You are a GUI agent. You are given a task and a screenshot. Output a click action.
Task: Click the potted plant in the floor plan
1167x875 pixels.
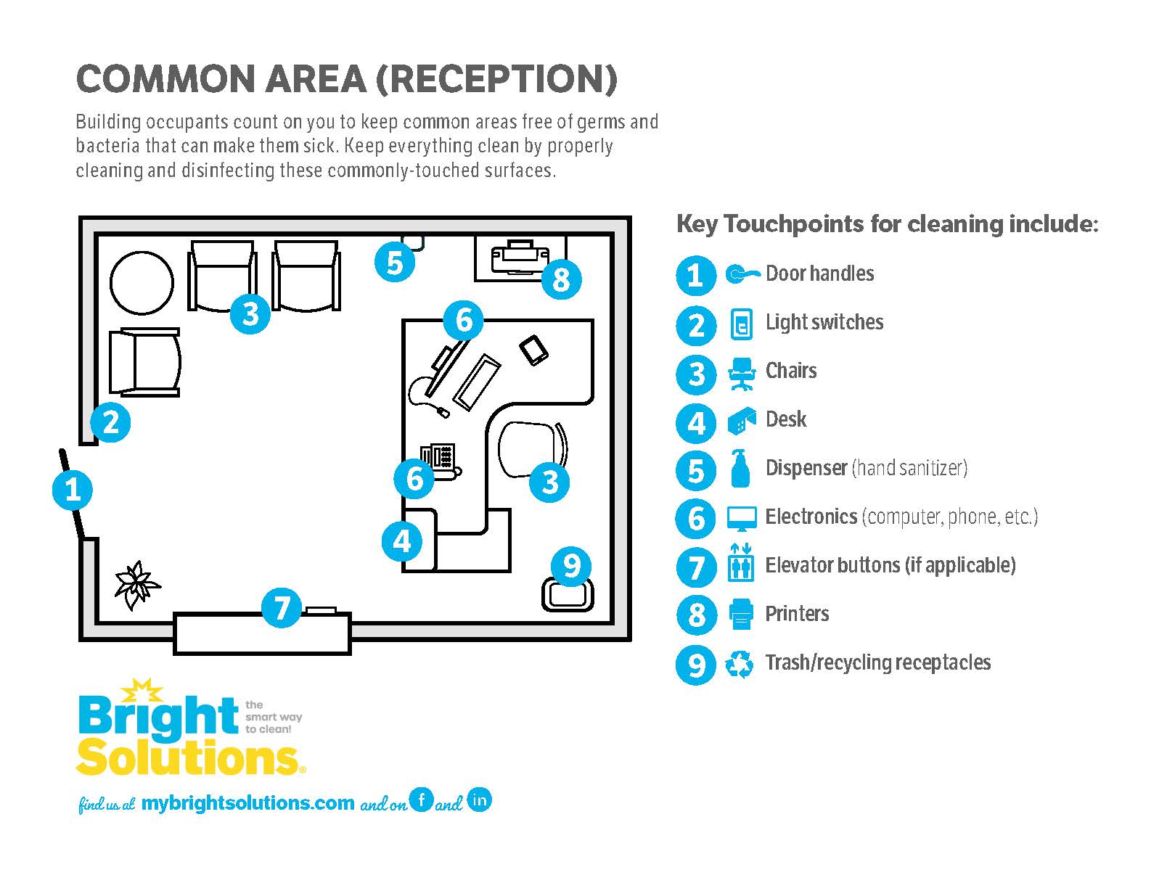pos(136,586)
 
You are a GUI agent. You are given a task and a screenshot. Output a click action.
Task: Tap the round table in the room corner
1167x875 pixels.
pos(142,282)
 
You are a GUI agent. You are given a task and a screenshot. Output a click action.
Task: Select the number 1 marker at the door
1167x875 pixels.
pos(73,490)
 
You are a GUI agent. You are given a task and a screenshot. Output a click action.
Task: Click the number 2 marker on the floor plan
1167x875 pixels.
pos(110,422)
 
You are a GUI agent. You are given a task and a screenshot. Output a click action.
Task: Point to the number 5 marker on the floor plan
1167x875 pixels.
pos(395,262)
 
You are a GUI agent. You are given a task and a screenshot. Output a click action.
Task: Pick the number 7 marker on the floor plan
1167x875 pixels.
pos(282,608)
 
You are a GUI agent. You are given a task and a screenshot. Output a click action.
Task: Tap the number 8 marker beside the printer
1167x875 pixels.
pos(561,279)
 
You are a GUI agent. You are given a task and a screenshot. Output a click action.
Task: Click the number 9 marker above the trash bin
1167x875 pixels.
pos(571,565)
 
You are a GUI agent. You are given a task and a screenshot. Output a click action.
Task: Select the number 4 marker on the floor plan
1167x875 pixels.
pos(402,541)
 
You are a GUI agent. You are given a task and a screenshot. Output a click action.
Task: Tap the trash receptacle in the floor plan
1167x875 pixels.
pos(568,596)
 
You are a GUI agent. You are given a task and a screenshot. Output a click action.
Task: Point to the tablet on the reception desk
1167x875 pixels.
pos(534,350)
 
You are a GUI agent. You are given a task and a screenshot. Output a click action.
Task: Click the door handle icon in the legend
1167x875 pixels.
pos(742,274)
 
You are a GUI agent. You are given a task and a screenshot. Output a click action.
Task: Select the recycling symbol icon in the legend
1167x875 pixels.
pos(740,664)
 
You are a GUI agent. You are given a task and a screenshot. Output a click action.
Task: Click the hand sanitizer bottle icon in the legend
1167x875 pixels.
pos(740,469)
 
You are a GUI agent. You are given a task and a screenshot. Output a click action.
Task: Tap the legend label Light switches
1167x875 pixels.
pos(824,322)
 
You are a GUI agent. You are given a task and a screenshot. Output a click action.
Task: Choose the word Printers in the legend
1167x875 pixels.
pos(797,614)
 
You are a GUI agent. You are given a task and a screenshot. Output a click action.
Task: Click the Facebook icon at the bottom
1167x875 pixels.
pos(421,800)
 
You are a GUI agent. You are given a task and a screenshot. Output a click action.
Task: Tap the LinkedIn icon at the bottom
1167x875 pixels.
pos(479,800)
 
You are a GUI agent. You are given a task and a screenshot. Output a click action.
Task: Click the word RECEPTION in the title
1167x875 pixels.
pos(496,79)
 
